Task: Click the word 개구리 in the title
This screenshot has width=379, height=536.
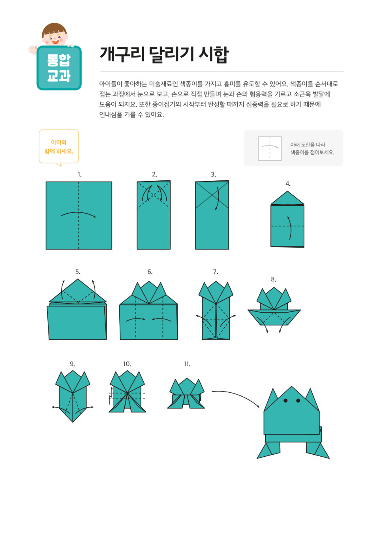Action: [122, 54]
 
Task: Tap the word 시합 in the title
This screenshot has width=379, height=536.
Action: [214, 55]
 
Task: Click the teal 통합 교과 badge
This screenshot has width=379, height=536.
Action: [59, 68]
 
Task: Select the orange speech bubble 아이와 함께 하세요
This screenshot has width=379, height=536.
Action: [59, 147]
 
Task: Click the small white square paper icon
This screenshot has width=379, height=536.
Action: [270, 148]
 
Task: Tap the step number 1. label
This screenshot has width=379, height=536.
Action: [79, 174]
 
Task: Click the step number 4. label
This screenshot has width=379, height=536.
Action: [288, 184]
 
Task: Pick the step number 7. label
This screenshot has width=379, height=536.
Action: [216, 272]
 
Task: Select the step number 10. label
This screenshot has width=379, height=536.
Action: [127, 364]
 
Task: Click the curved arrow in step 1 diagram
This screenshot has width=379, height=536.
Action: [79, 213]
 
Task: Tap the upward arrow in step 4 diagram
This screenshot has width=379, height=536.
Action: [290, 228]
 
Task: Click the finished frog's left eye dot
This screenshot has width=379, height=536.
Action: [285, 401]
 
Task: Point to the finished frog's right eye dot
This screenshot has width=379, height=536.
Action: [298, 401]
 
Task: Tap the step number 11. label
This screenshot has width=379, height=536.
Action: [187, 364]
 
